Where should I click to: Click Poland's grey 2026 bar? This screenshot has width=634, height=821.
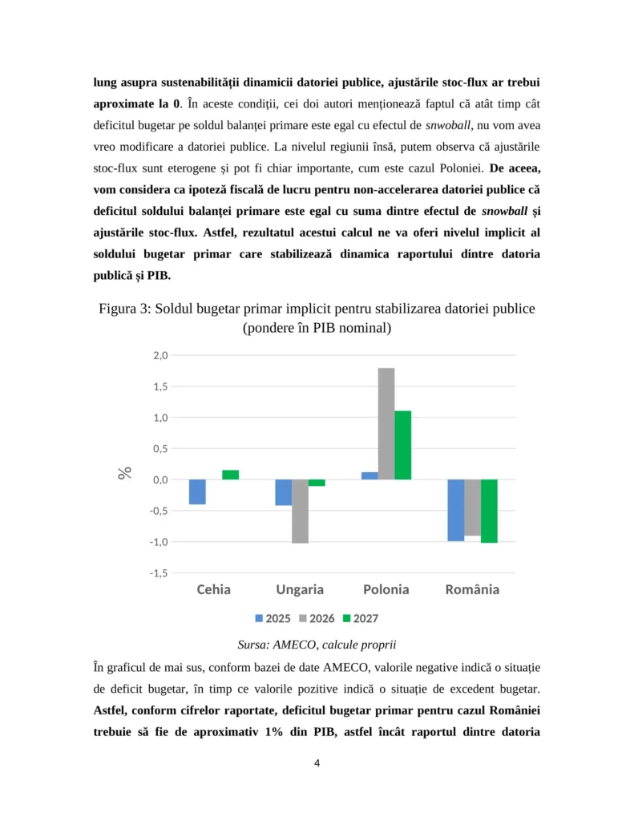(x=386, y=423)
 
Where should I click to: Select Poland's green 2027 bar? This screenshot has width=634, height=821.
(x=403, y=445)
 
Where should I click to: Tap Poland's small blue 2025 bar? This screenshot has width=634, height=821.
(x=369, y=475)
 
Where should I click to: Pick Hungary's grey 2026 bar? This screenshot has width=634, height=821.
(x=300, y=511)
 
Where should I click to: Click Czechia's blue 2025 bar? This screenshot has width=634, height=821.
(x=197, y=491)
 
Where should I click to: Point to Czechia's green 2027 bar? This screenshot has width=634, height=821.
(x=231, y=475)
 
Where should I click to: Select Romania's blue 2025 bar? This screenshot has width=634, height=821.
(x=455, y=510)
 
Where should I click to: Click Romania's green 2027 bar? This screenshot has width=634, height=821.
(x=489, y=511)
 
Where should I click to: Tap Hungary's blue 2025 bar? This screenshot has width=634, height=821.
(x=283, y=492)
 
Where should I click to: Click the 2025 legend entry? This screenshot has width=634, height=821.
(x=273, y=618)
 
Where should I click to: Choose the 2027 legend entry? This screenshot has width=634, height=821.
(x=360, y=618)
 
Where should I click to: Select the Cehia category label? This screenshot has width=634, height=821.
(x=214, y=590)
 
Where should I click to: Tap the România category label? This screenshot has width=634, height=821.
(x=472, y=590)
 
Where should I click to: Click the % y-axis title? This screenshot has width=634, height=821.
(x=125, y=473)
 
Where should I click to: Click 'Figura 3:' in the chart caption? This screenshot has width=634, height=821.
(x=125, y=309)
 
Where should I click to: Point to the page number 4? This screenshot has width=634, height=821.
(x=317, y=762)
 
